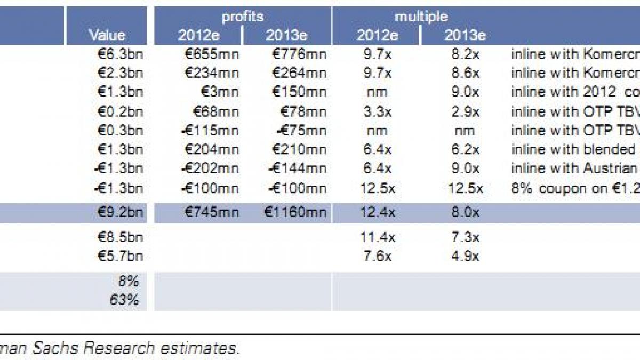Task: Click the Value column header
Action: [x=107, y=35]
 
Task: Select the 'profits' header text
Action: [x=243, y=17]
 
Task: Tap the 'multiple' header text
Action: [x=421, y=17]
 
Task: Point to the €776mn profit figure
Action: [x=299, y=54]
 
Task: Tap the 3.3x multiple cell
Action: [x=377, y=111]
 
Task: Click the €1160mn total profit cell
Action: [x=294, y=212]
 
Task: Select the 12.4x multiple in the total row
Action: [x=377, y=212]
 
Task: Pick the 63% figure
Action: [x=124, y=299]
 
